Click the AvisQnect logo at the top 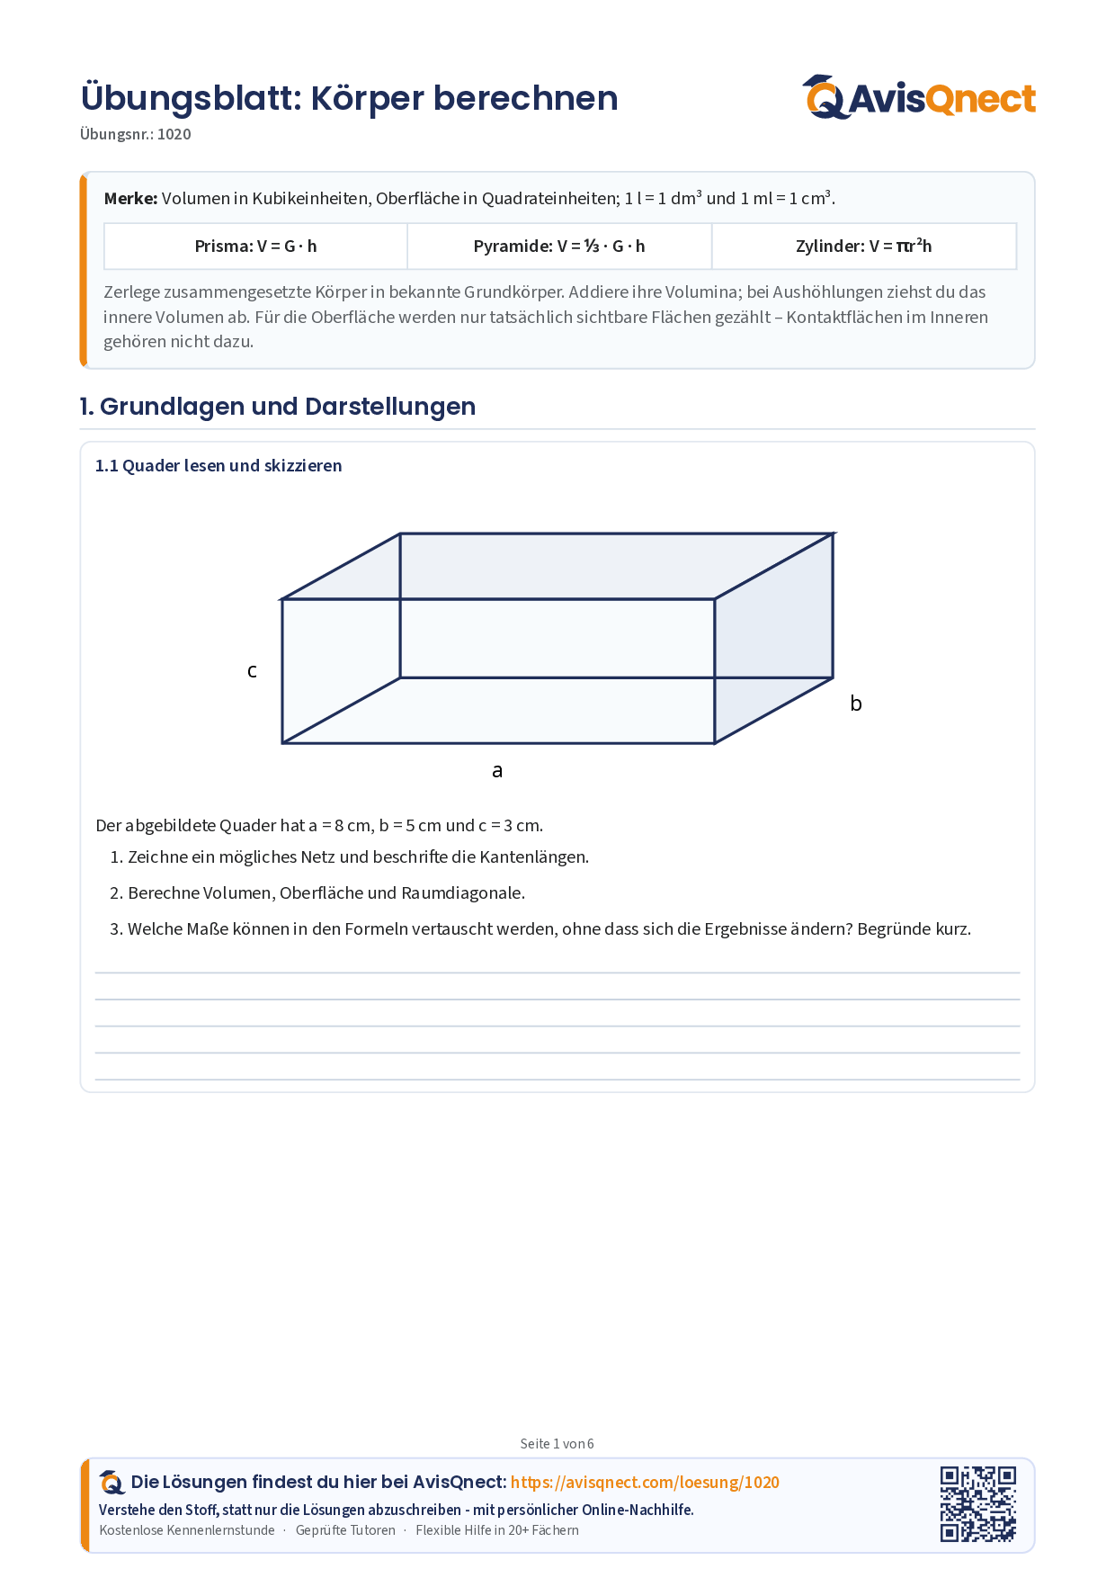pyautogui.click(x=919, y=97)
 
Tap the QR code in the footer pyautogui.click(x=978, y=1504)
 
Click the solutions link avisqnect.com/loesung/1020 pyautogui.click(x=645, y=1482)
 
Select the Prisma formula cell pyautogui.click(x=256, y=246)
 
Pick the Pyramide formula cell pyautogui.click(x=559, y=246)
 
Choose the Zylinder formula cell pyautogui.click(x=864, y=246)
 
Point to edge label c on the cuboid pyautogui.click(x=253, y=670)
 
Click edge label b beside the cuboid pyautogui.click(x=856, y=703)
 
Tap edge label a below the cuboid pyautogui.click(x=497, y=770)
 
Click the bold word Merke pyautogui.click(x=131, y=198)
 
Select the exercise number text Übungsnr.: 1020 pyautogui.click(x=136, y=134)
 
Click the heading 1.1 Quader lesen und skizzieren pyautogui.click(x=219, y=465)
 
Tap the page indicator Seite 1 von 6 pyautogui.click(x=557, y=1444)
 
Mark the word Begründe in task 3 pyautogui.click(x=893, y=928)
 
